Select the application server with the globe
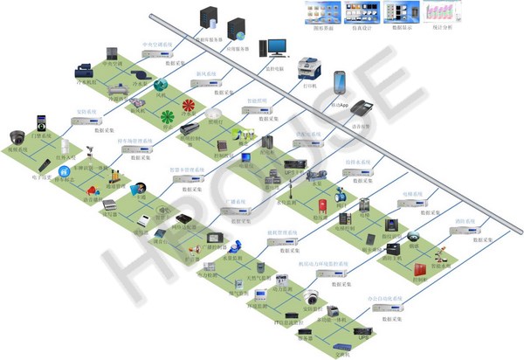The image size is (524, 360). point(236,29)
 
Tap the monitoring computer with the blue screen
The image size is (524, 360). point(277,46)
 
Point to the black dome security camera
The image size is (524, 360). point(18,136)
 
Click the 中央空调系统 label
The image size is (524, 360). point(157,43)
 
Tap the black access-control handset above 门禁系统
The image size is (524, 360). point(40,121)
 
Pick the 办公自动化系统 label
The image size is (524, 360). point(384,299)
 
